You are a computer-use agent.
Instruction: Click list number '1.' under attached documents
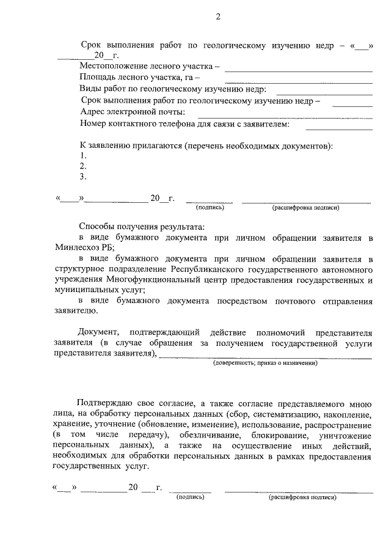tap(83, 155)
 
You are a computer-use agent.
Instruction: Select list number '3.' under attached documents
tap(83, 177)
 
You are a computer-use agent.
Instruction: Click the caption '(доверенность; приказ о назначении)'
tap(265, 363)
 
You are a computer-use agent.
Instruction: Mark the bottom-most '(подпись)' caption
tap(190, 497)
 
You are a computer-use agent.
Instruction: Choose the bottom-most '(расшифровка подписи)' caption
tap(302, 497)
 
